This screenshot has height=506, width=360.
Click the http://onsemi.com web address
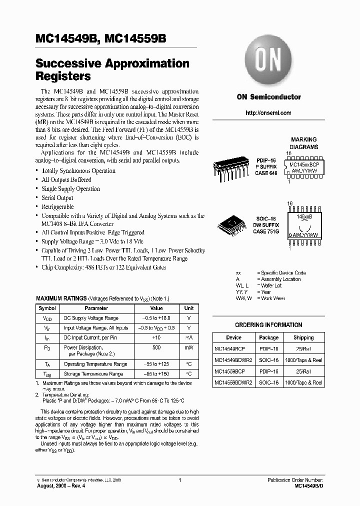[x=268, y=113]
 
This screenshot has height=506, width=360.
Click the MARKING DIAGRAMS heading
[x=304, y=143]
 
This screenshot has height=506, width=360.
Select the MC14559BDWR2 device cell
[x=233, y=382]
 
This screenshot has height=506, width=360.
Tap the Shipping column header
[x=303, y=337]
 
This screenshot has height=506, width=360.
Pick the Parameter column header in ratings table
[x=96, y=308]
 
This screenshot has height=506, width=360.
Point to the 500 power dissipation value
[x=156, y=347]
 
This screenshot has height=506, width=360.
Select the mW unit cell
[x=188, y=347]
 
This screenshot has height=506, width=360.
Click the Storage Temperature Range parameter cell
[x=93, y=374]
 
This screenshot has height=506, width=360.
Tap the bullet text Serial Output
[x=57, y=198]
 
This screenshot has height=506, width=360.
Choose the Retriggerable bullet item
[x=57, y=207]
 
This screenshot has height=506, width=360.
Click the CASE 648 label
[x=265, y=173]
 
